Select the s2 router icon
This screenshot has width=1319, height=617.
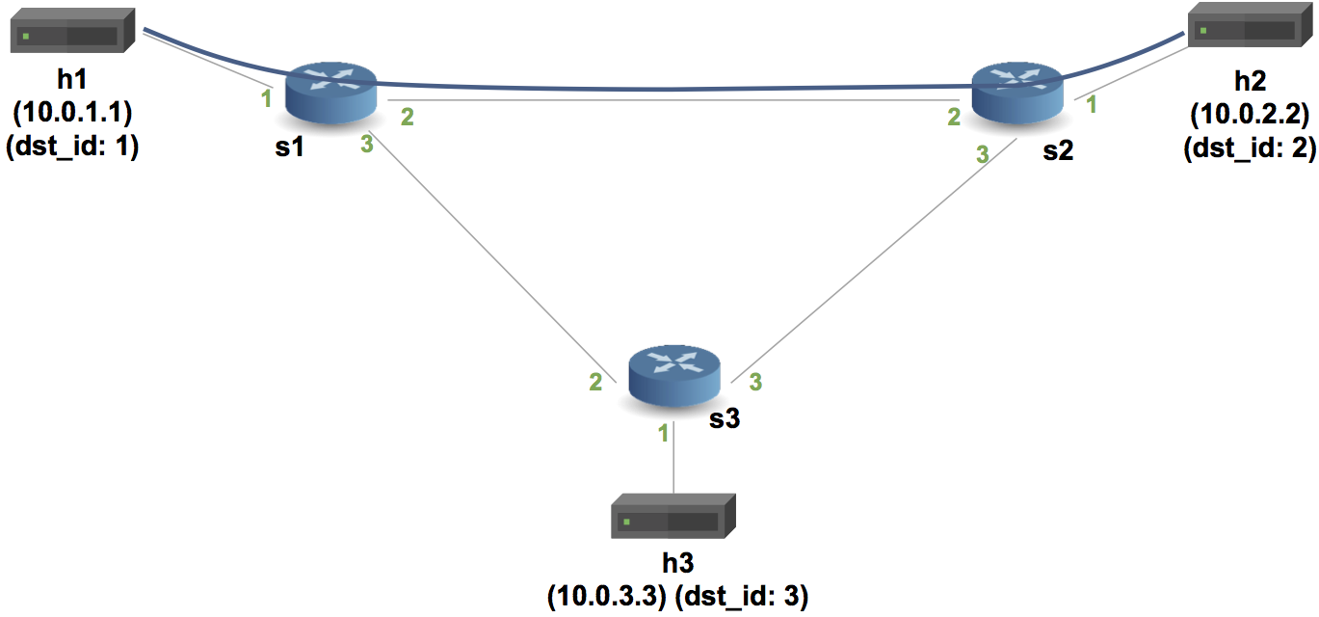coord(1017,91)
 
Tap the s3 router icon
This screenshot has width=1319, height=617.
coord(674,377)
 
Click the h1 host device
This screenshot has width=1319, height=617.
coord(71,32)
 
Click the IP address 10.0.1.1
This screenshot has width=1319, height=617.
coord(72,113)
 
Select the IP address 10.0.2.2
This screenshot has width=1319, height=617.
coord(1250,116)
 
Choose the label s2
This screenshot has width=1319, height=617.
coord(1057,152)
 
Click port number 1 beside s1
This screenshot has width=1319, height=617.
coord(266,97)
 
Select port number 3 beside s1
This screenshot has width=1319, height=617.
coord(366,146)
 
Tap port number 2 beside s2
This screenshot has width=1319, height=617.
coord(954,118)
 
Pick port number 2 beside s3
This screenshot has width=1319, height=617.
coord(596,383)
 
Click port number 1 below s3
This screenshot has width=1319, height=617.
coord(663,434)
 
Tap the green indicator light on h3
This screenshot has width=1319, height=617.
coord(627,522)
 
